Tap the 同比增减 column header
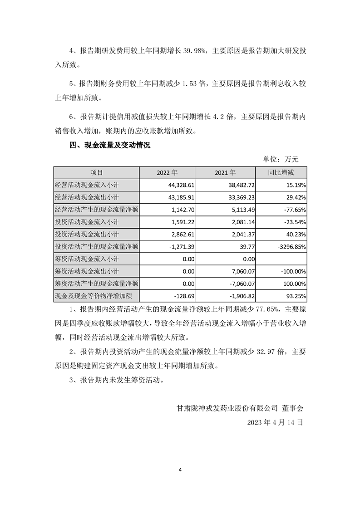click(x=281, y=173)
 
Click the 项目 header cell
click(x=96, y=173)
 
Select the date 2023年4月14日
click(x=275, y=422)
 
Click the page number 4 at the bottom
click(x=180, y=470)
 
